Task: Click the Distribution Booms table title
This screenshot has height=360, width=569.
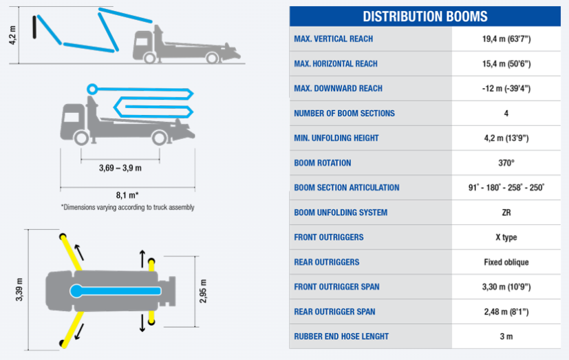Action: (x=425, y=17)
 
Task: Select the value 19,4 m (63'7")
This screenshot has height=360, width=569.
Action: (x=506, y=39)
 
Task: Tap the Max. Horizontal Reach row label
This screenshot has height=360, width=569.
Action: (x=336, y=64)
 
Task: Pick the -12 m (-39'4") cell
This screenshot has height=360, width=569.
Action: (x=506, y=89)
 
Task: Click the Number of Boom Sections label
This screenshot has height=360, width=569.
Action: (x=344, y=113)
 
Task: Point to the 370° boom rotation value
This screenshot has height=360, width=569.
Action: (x=506, y=163)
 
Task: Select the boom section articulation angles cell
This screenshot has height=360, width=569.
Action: (x=506, y=188)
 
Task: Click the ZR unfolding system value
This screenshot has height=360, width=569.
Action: (x=506, y=213)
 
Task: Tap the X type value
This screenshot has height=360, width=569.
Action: (x=506, y=237)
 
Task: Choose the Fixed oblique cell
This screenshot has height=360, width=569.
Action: (x=506, y=262)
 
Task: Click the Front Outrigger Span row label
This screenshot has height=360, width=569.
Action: (x=336, y=287)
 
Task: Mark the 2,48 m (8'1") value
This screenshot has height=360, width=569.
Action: (x=506, y=312)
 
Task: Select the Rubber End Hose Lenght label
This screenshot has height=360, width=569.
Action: (x=341, y=337)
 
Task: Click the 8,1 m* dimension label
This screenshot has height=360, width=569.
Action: (x=127, y=195)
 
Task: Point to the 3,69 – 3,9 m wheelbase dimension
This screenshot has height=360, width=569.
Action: (x=120, y=168)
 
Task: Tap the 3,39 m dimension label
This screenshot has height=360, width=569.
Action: (x=19, y=290)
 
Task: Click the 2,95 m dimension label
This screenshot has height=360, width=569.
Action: (x=203, y=291)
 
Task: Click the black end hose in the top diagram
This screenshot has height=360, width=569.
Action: (x=34, y=27)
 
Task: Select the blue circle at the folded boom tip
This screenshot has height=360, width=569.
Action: (x=92, y=89)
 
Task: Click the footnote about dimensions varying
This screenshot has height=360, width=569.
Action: (x=128, y=208)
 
